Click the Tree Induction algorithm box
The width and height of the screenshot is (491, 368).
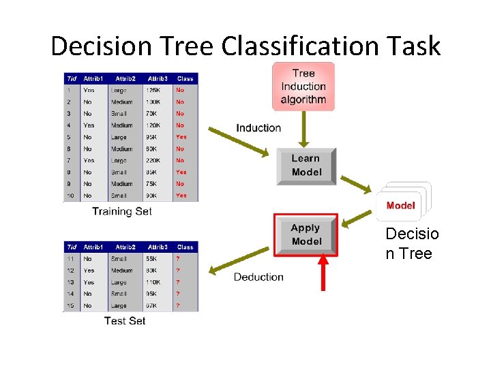[303, 87]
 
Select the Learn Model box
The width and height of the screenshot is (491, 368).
[306, 166]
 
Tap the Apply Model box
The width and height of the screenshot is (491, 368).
[306, 234]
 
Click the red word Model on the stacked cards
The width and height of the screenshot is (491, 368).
[400, 205]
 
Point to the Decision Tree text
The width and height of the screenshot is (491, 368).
[412, 244]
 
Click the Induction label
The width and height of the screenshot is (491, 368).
[258, 127]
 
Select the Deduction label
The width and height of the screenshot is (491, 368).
[258, 277]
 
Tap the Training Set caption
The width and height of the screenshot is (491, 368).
[122, 211]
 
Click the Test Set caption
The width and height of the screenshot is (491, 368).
[125, 320]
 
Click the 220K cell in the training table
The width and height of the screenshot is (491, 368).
[153, 160]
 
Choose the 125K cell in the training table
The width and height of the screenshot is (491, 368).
[153, 90]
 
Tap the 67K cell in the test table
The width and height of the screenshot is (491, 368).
[151, 306]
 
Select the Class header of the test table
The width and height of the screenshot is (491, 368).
[185, 247]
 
